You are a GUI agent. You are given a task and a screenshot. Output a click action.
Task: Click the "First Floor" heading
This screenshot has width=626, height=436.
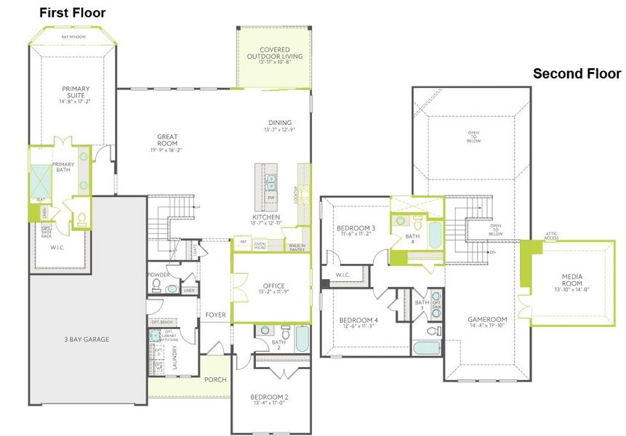(72, 13)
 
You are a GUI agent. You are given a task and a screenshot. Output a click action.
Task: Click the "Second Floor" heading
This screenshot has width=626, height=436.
(577, 73)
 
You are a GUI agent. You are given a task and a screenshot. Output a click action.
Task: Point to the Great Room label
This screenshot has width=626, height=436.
(167, 141)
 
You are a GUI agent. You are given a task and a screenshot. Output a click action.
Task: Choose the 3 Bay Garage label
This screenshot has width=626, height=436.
(85, 339)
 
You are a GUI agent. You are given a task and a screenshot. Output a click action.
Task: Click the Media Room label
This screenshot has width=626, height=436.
(576, 280)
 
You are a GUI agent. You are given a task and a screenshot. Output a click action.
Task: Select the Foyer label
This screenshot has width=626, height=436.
(216, 315)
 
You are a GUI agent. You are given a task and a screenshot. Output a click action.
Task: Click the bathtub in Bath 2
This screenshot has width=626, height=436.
(302, 338)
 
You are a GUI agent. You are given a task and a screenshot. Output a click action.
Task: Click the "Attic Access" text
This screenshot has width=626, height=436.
(551, 235)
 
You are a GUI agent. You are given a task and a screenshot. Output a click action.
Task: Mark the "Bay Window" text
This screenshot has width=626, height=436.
(73, 36)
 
